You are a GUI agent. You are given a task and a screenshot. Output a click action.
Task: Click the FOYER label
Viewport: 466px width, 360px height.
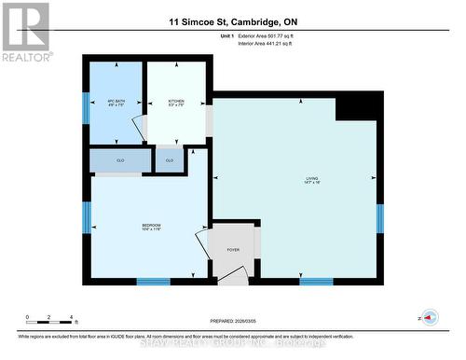click(232, 250)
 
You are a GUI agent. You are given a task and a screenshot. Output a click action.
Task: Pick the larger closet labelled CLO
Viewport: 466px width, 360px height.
click(121, 160)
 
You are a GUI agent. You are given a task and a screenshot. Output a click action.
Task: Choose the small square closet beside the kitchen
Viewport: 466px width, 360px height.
click(170, 160)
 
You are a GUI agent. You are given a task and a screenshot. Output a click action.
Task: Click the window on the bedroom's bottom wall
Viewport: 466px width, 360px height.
click(154, 281)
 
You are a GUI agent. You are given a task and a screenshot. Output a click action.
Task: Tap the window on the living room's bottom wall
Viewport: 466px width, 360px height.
click(316, 281)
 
